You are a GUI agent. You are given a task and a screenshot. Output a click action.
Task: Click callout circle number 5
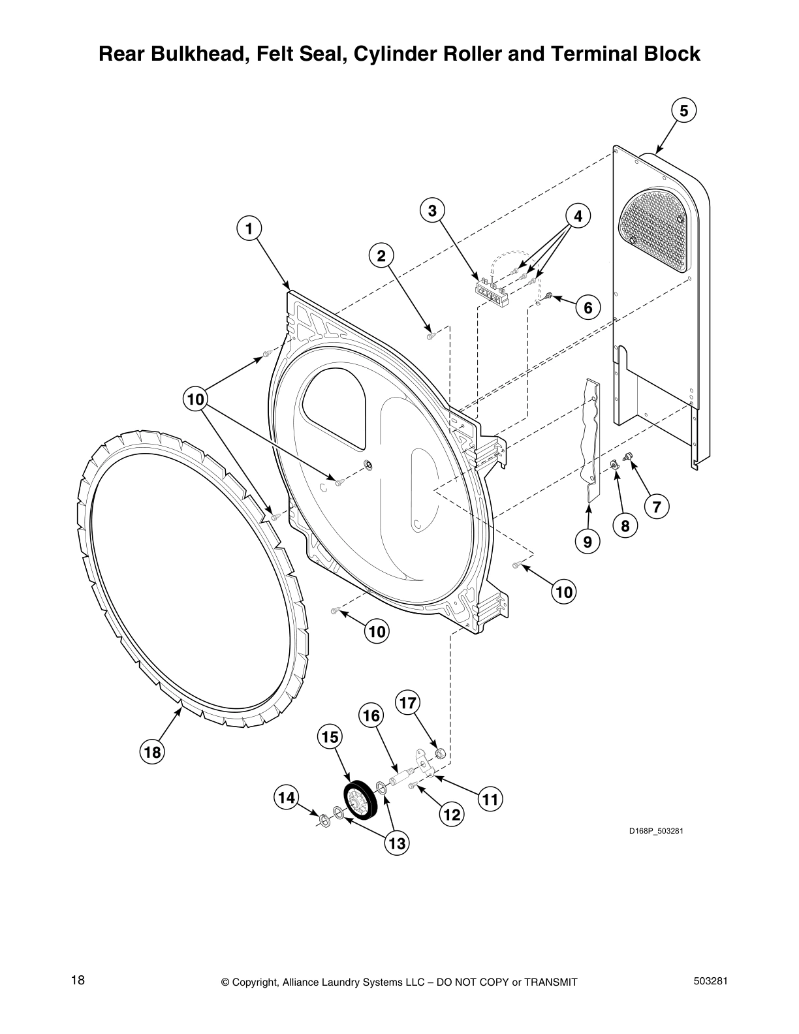683,111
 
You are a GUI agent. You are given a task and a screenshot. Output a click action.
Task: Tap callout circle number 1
248,228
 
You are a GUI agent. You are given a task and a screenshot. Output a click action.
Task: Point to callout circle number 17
407,703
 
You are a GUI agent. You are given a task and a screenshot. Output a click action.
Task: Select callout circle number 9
587,541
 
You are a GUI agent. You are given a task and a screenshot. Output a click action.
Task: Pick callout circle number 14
287,797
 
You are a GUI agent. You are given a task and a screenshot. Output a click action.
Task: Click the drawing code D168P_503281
655,831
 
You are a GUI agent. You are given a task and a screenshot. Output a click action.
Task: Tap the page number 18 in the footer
78,980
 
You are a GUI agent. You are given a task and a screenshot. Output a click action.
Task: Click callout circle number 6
587,307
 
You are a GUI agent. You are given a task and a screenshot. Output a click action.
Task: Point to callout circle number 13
396,844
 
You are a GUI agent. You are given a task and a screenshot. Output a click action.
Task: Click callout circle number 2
381,255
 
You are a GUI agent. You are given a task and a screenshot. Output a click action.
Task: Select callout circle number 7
657,507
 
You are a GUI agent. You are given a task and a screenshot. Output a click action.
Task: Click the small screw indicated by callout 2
430,336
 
